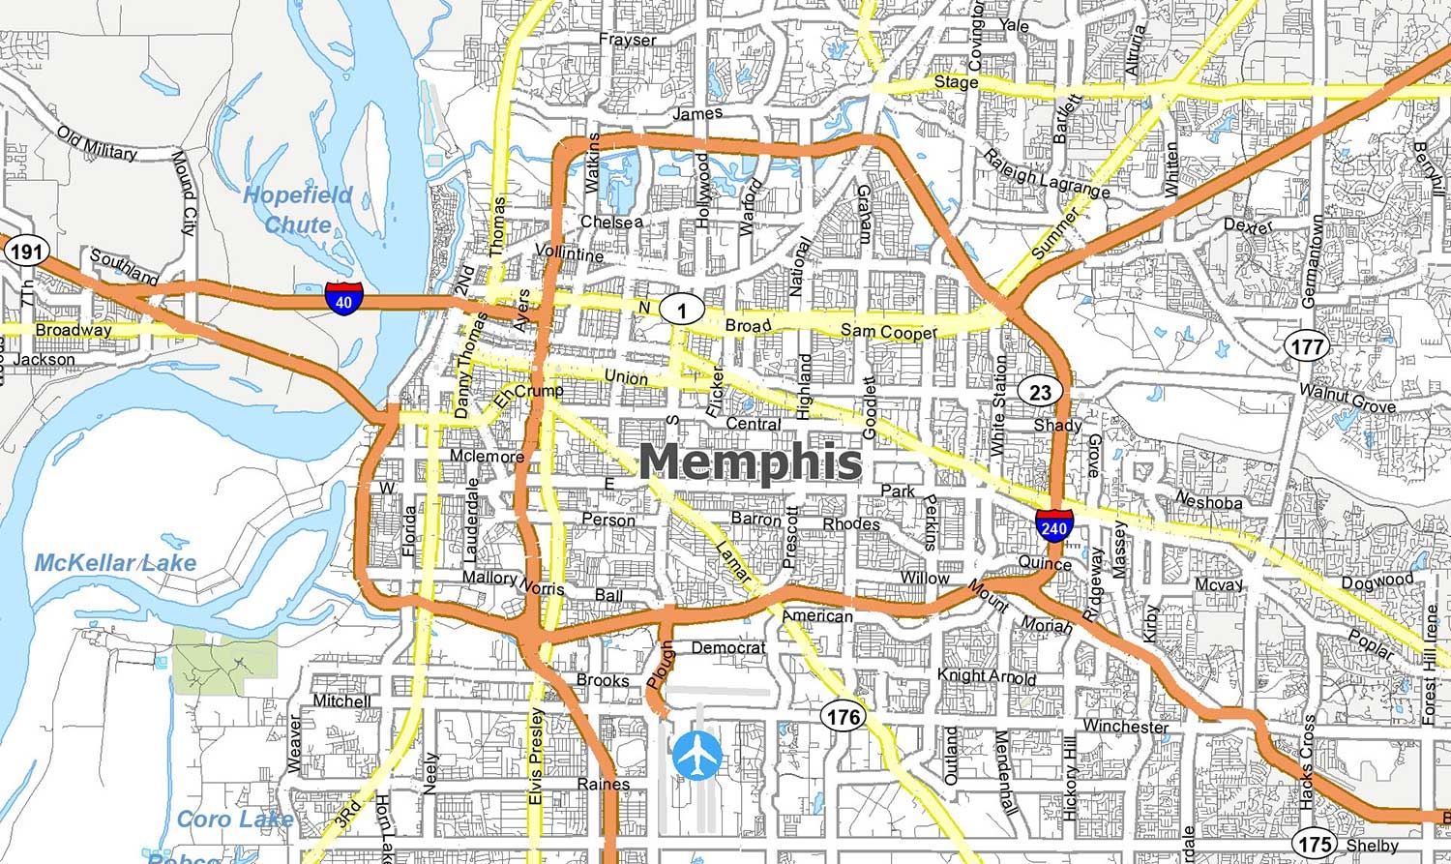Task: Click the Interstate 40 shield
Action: click(343, 297)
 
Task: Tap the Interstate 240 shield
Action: click(1052, 524)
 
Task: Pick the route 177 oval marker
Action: click(1307, 346)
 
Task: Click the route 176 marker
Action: click(843, 717)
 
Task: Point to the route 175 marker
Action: click(1315, 844)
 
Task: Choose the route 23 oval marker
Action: click(1040, 392)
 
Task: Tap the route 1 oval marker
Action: click(683, 310)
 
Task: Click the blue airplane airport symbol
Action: click(697, 754)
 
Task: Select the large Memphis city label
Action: click(750, 462)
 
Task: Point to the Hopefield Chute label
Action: click(297, 210)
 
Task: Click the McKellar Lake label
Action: click(115, 563)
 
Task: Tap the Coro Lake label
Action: click(235, 819)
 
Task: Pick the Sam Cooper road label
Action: click(888, 332)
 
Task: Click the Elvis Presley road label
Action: click(537, 758)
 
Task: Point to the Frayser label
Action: click(627, 40)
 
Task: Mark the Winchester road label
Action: click(1125, 726)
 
